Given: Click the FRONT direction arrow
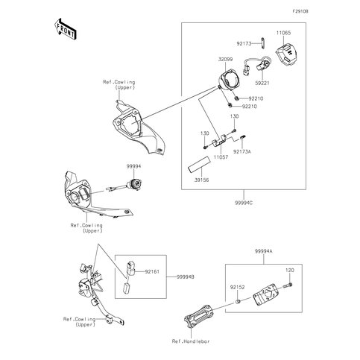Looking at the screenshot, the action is pyautogui.click(x=65, y=29).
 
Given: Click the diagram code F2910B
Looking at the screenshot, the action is pyautogui.click(x=300, y=11).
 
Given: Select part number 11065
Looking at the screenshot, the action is pyautogui.click(x=283, y=33).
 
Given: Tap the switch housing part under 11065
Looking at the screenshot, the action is pyautogui.click(x=286, y=54).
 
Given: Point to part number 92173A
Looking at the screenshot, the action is pyautogui.click(x=241, y=151).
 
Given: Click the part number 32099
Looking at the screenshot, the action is pyautogui.click(x=225, y=60).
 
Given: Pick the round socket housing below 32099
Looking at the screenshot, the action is pyautogui.click(x=228, y=79).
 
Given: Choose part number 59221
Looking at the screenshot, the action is pyautogui.click(x=262, y=83).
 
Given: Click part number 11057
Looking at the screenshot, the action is pyautogui.click(x=221, y=157).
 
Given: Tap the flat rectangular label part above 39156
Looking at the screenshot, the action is pyautogui.click(x=199, y=164).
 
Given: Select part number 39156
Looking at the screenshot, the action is pyautogui.click(x=201, y=180).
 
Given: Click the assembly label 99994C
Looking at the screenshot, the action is pyautogui.click(x=244, y=203).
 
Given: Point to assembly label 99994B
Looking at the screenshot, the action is pyautogui.click(x=186, y=277).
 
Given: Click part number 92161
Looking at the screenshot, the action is pyautogui.click(x=152, y=271).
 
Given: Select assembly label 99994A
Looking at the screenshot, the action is pyautogui.click(x=263, y=251).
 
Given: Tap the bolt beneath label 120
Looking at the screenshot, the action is pyautogui.click(x=288, y=285).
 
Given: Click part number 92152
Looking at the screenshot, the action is pyautogui.click(x=237, y=287).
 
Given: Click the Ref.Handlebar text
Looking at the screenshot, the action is pyautogui.click(x=191, y=341).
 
